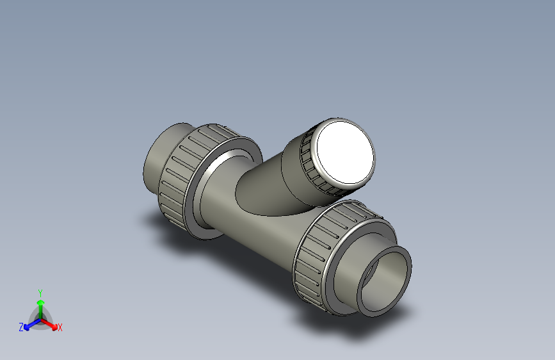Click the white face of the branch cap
point(344,152)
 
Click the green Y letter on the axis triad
point(40,291)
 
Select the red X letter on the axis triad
point(60,327)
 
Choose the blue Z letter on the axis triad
point(21,327)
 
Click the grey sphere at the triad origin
point(40,318)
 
